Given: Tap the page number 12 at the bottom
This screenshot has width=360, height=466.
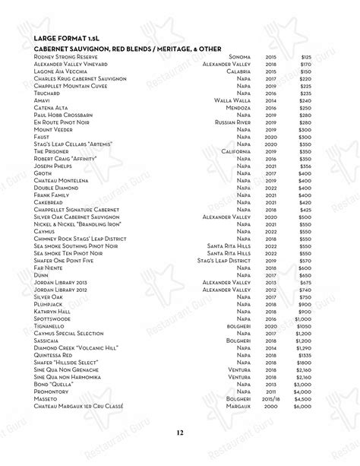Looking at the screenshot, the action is pyautogui.click(x=180, y=433).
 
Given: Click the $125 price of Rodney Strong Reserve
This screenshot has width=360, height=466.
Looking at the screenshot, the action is pyautogui.click(x=305, y=57).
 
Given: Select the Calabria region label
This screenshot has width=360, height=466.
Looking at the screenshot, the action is pyautogui.click(x=238, y=71).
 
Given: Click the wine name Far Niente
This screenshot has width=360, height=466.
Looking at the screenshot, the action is pyautogui.click(x=50, y=268).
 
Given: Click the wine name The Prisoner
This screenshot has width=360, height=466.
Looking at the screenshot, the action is pyautogui.click(x=52, y=151).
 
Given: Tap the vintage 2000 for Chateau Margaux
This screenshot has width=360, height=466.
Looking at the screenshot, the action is pyautogui.click(x=270, y=408).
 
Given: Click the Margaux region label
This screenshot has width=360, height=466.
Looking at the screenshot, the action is pyautogui.click(x=238, y=408).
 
